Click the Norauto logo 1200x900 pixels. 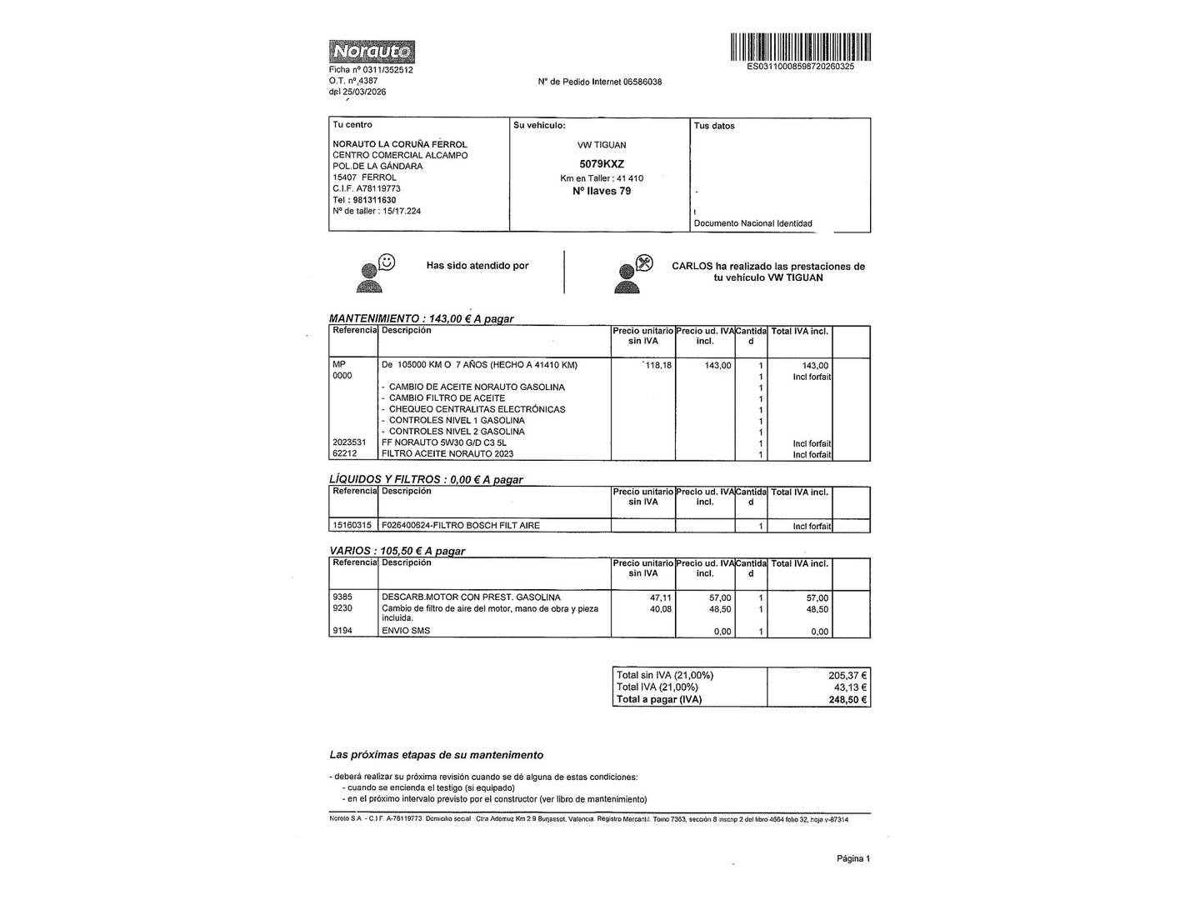(372, 52)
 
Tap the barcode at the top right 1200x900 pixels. (800, 47)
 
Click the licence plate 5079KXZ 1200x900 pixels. (602, 164)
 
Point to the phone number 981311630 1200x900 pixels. (374, 200)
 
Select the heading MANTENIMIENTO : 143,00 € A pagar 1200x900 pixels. (422, 318)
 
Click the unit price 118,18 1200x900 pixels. (657, 365)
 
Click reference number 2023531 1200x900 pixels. (349, 442)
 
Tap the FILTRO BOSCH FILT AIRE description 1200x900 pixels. (460, 526)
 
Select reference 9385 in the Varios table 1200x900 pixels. (342, 597)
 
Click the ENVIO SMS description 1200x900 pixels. (406, 631)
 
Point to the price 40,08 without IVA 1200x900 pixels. (660, 609)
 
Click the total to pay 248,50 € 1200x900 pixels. (847, 700)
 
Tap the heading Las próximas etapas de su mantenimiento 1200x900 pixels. (436, 755)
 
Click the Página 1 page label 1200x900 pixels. (853, 858)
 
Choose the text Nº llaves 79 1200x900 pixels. (602, 191)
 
